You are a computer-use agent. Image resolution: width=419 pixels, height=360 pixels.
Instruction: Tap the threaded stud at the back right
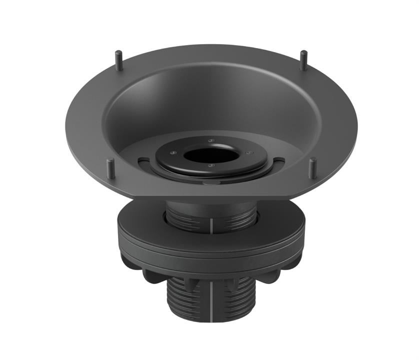[x=303, y=59]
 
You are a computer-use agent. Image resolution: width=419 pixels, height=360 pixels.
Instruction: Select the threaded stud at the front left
[x=109, y=169]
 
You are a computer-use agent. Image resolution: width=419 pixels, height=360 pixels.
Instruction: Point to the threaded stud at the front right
[x=312, y=168]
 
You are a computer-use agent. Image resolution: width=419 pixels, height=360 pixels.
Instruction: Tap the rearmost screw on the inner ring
[x=212, y=140]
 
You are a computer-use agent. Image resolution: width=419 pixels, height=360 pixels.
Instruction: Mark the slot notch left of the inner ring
[x=143, y=160]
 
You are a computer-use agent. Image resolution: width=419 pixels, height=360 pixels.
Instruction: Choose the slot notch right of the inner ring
[x=278, y=160]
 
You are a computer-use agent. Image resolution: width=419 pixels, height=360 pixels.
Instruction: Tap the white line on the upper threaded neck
[x=211, y=223]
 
